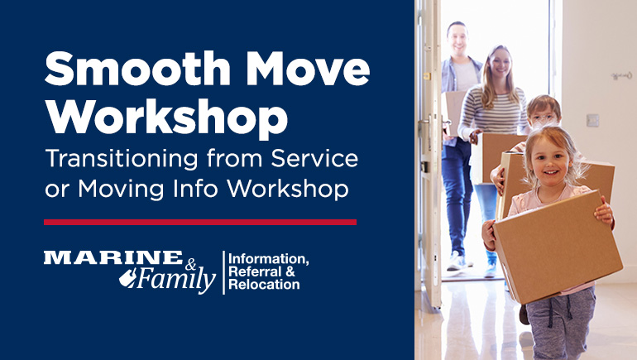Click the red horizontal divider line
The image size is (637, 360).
pyautogui.click(x=200, y=222)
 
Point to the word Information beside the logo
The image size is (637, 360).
pyautogui.click(x=268, y=259)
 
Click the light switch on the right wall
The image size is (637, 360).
pyautogui.click(x=593, y=120)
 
